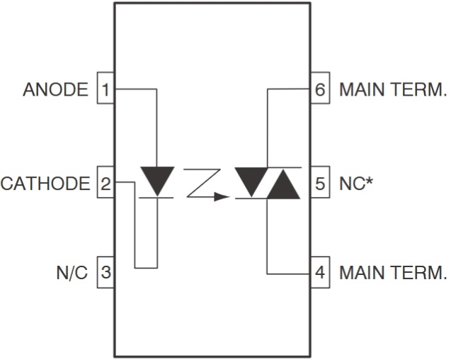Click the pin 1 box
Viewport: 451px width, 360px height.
point(105,90)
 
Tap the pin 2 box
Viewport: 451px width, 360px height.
point(105,184)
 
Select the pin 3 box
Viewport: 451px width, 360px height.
point(105,273)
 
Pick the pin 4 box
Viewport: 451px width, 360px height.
point(320,273)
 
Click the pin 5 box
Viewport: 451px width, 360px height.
point(320,184)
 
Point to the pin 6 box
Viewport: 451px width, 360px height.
point(320,90)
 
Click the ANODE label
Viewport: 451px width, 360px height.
point(55,90)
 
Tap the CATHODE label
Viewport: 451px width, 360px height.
point(45,184)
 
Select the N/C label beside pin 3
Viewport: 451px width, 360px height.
point(72,273)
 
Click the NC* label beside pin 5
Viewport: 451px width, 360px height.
point(353,184)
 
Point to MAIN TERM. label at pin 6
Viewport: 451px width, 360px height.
point(393,90)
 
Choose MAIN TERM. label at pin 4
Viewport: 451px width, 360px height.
point(393,273)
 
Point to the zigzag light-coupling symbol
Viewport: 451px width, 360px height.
point(202,183)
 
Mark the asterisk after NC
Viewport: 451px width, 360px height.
point(368,181)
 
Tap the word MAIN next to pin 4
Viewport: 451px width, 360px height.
point(360,273)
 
